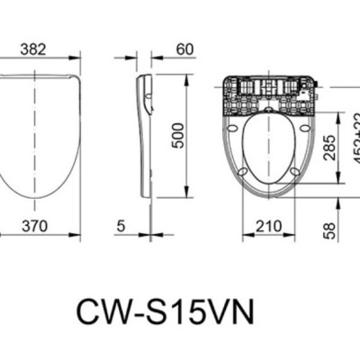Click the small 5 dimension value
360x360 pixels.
pos(121,227)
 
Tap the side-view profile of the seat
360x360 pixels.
pos(146,135)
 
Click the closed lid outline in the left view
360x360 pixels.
pos(40,135)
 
